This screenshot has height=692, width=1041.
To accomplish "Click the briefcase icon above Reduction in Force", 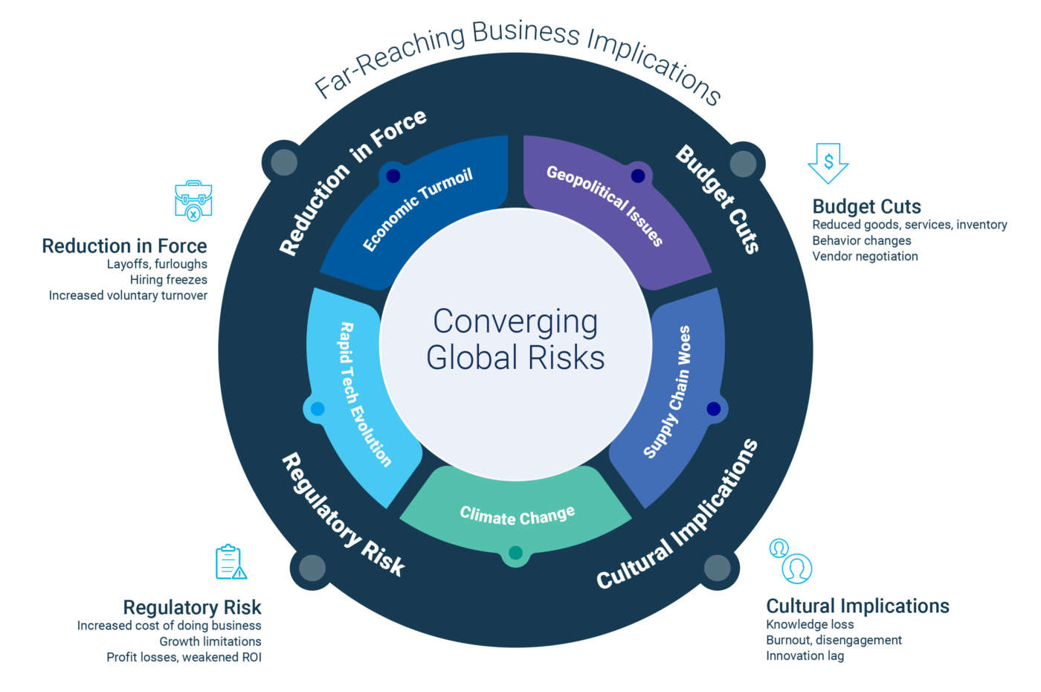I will point(193,199).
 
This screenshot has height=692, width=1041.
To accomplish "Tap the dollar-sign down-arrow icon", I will point(828,163).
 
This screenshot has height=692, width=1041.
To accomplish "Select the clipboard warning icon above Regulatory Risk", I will point(231,562).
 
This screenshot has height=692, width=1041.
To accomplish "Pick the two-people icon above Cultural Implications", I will point(791,561).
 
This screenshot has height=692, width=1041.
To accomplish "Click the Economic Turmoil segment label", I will point(417,211).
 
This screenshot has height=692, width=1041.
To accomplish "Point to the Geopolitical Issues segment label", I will point(605,205).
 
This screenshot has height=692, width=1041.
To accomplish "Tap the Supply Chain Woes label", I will point(667,391).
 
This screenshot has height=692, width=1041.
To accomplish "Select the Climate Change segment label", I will point(518,515).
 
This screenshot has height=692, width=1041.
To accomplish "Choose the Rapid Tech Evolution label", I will point(364,394).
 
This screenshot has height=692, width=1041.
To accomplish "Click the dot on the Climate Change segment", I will point(515,553).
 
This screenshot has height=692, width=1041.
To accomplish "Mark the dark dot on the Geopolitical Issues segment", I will point(638,176).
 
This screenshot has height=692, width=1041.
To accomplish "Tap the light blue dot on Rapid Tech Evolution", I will point(318,409).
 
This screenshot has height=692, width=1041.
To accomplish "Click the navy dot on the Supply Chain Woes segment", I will point(713,409).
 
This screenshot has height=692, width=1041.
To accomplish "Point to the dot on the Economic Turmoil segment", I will point(393,176).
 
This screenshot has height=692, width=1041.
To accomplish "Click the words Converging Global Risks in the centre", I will point(515,339).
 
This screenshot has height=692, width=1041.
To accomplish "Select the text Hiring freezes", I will point(169,280).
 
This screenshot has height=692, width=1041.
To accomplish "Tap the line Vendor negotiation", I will point(865,256).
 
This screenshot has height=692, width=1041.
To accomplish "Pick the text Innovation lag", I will point(805,656).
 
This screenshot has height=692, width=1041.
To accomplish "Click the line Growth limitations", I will point(210,641).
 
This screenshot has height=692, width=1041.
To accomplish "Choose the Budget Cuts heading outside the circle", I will point(866,206).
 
